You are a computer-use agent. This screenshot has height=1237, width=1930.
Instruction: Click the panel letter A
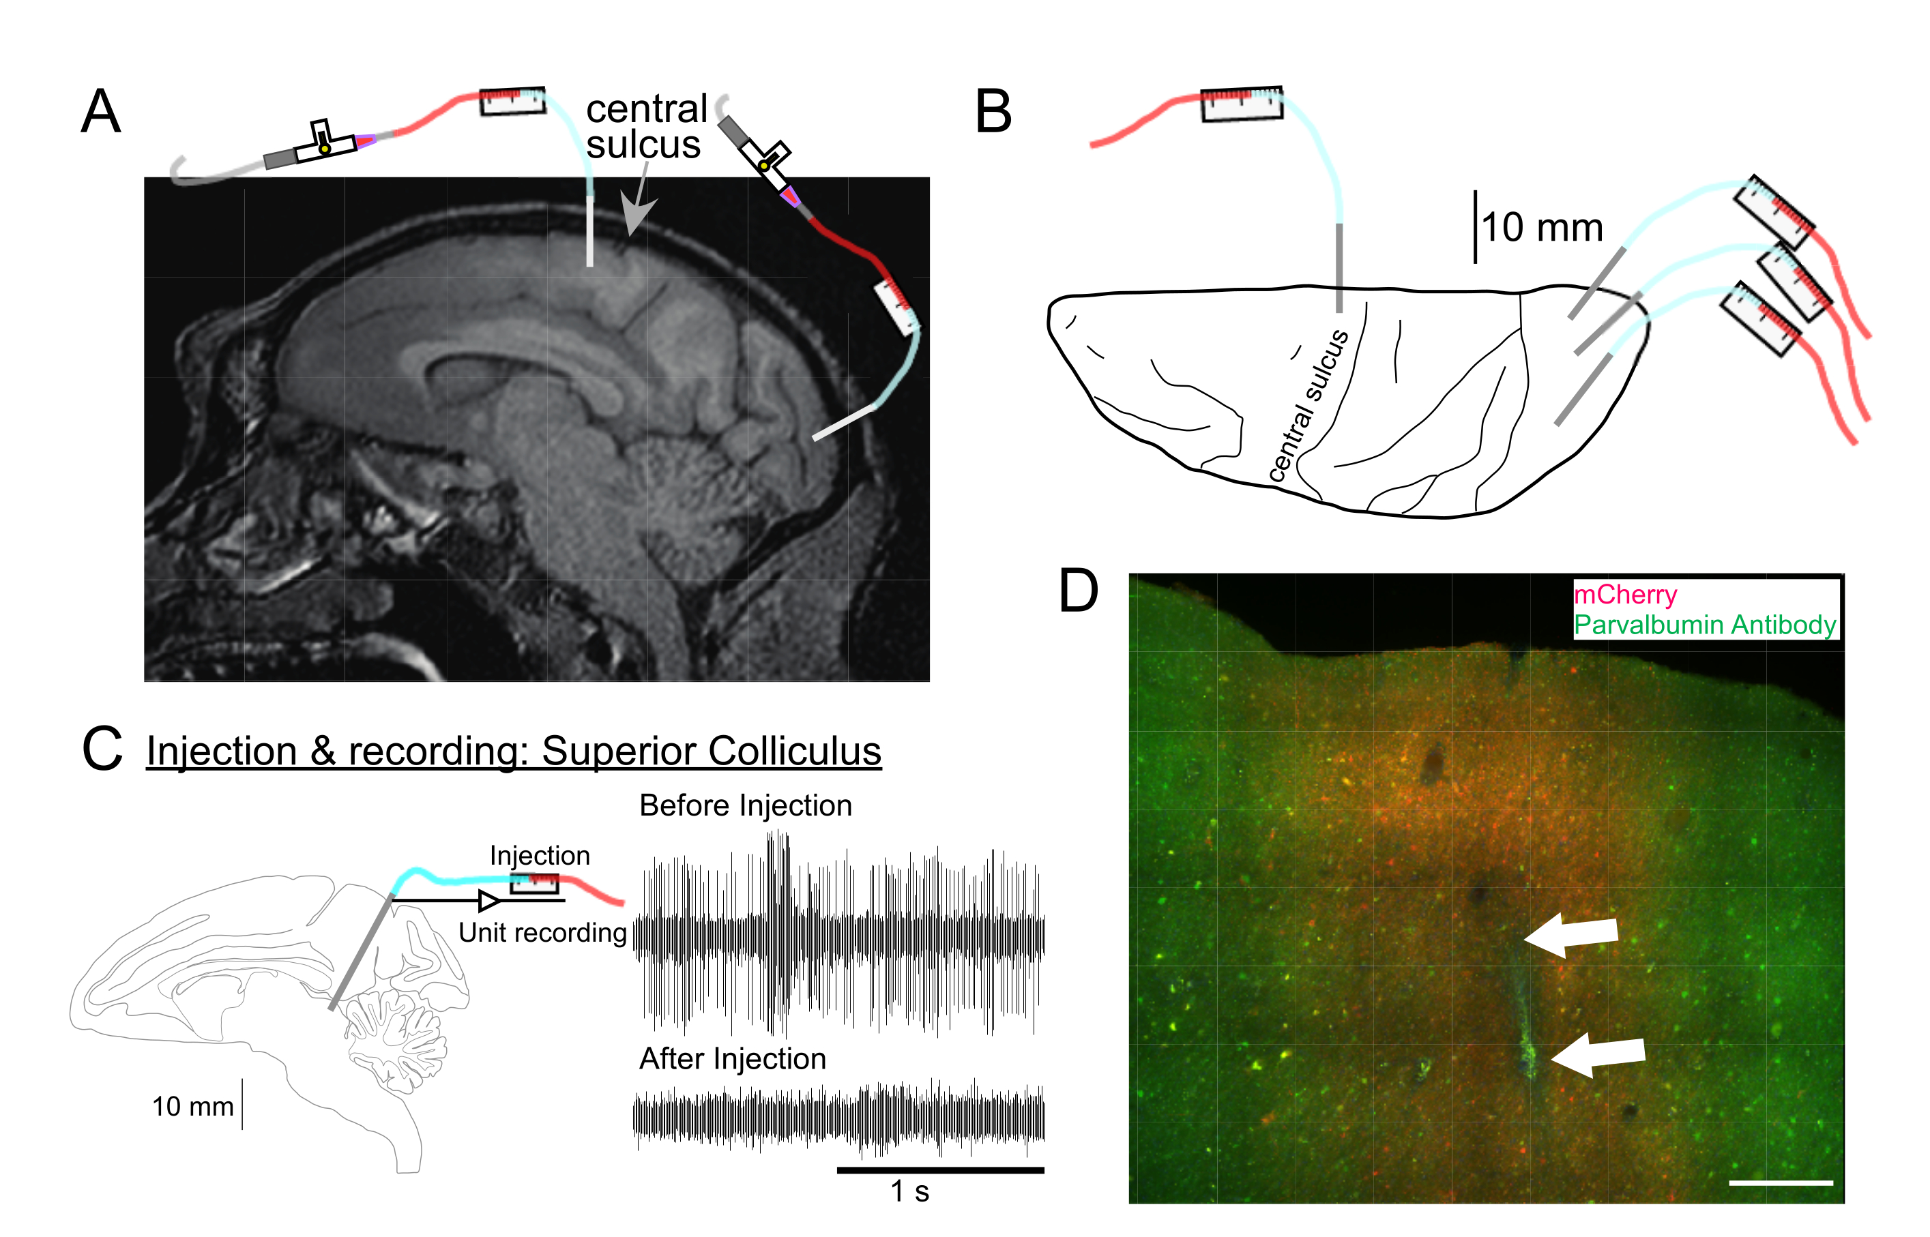(x=101, y=112)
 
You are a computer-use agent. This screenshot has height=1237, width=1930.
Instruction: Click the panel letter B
(x=993, y=112)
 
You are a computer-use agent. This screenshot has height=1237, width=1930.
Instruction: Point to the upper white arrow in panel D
(x=1571, y=934)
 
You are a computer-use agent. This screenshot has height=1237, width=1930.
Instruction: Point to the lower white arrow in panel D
(x=1597, y=1053)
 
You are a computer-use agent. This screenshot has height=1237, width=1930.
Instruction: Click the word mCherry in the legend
(x=1624, y=595)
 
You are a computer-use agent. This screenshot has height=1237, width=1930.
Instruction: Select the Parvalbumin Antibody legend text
(x=1704, y=624)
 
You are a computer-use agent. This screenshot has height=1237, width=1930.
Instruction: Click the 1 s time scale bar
(x=940, y=1169)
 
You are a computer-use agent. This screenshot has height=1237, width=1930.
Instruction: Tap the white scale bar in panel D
(x=1781, y=1182)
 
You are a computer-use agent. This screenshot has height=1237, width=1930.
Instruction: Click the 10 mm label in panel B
(x=1542, y=227)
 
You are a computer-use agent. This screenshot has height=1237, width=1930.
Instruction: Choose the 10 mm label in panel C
(x=193, y=1106)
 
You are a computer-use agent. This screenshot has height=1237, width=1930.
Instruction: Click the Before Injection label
(x=745, y=805)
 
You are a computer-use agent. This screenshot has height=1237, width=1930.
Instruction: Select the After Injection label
(x=732, y=1059)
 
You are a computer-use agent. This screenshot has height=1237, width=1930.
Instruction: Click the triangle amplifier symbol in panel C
(x=488, y=900)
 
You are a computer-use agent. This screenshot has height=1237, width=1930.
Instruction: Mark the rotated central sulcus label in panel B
(x=1308, y=405)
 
